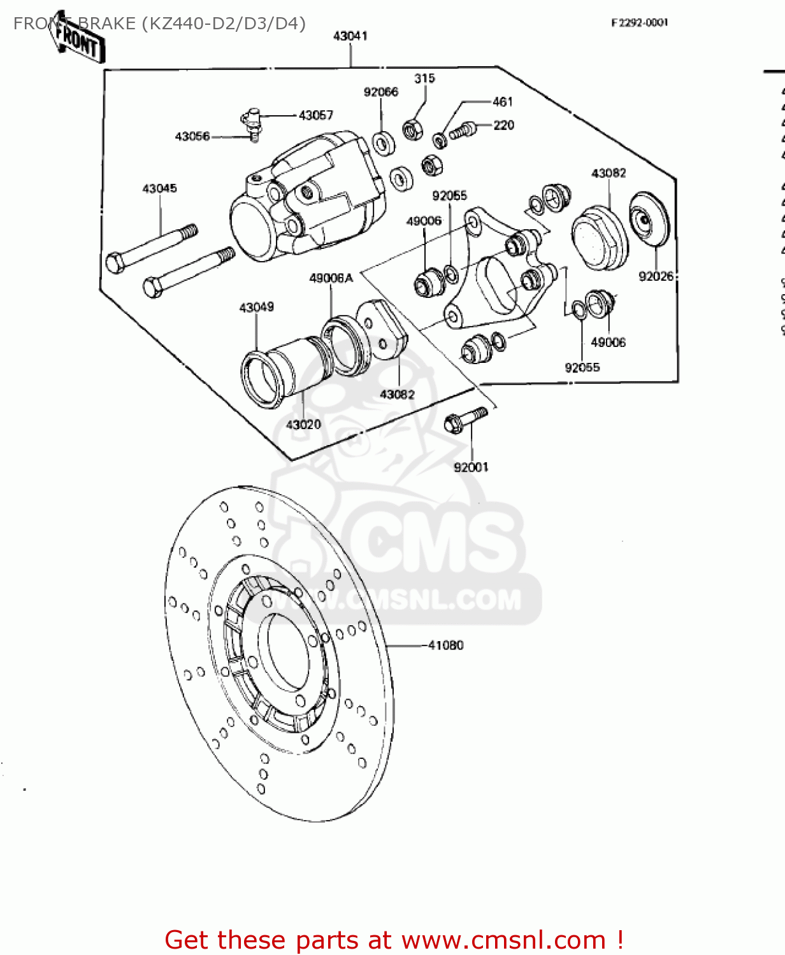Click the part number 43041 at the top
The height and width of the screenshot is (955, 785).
pos(350,36)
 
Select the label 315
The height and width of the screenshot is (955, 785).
pos(424,78)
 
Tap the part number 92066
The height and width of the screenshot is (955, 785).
pos(380,92)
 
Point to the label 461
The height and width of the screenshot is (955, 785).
pos(502,102)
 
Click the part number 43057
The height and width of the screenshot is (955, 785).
pos(316,115)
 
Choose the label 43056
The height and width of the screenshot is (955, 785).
pos(192,136)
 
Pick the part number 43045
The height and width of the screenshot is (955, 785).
pos(159,188)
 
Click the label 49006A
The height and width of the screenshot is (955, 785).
pos(331,278)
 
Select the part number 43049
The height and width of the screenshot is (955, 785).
pos(256,308)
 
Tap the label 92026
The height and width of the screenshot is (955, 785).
pos(656,276)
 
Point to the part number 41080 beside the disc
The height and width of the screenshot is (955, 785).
pos(445,646)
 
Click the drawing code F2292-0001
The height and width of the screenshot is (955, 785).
pos(639,23)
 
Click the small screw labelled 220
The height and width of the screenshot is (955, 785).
pos(463,131)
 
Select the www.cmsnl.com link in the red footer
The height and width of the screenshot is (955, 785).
pos(503,940)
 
